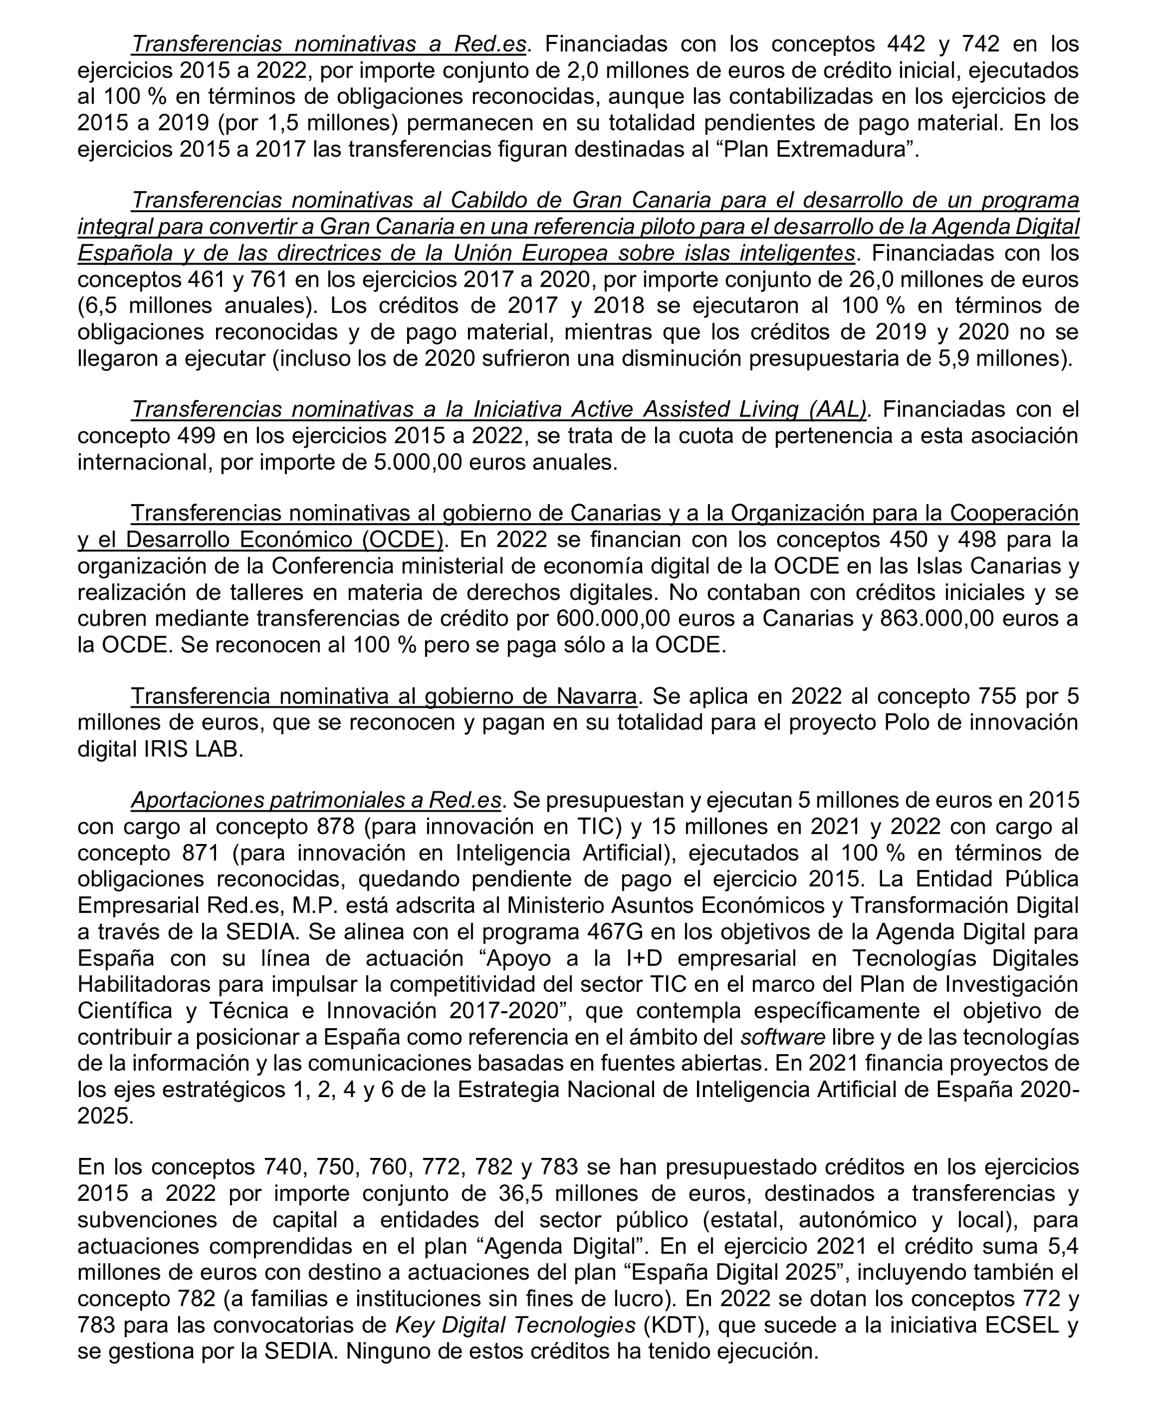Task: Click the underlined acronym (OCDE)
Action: coord(403,539)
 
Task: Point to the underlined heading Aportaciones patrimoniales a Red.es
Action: coord(316,800)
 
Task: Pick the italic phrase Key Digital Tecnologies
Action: coord(515,1325)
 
